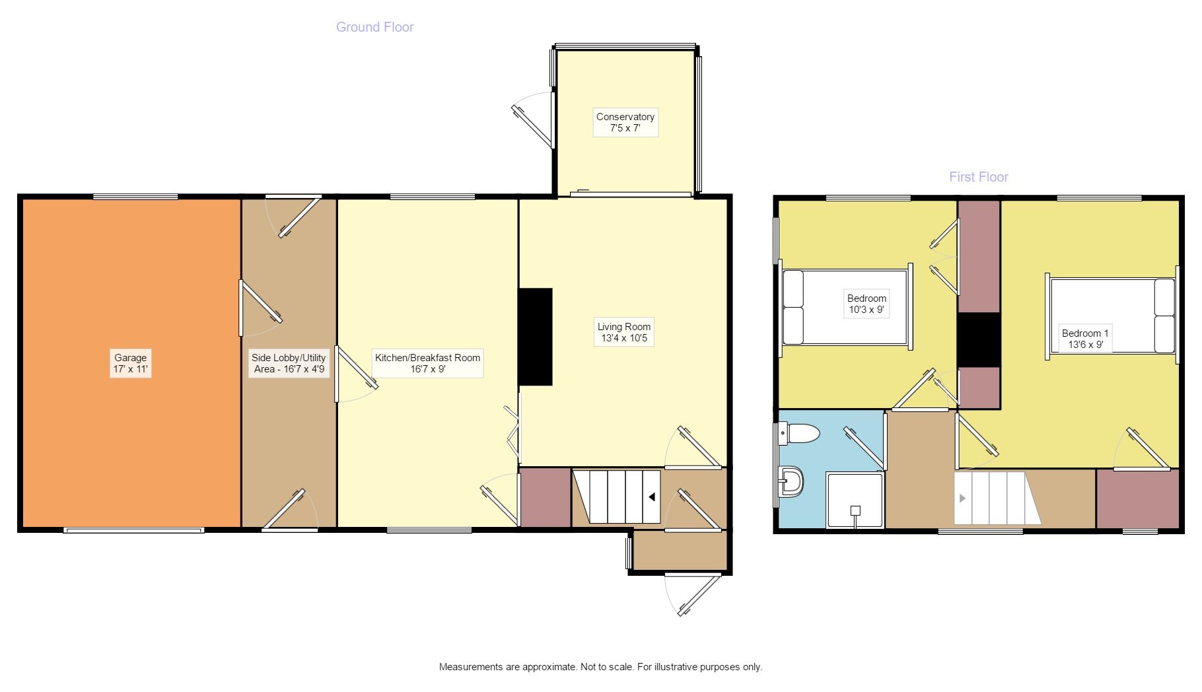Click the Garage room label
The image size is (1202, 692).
(130, 363)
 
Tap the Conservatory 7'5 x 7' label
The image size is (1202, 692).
(625, 122)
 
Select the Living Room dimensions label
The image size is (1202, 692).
(623, 332)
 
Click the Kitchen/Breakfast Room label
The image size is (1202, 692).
(427, 363)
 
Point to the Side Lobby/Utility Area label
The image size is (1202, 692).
(289, 363)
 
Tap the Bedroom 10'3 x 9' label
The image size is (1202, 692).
(866, 304)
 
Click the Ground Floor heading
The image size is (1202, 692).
(374, 27)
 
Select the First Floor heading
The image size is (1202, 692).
(978, 177)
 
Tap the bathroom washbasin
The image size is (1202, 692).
(791, 482)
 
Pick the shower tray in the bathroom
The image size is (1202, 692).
(855, 501)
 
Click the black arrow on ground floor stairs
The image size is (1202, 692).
(651, 497)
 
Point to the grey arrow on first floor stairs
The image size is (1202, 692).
(962, 498)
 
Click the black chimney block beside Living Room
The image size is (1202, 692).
(535, 337)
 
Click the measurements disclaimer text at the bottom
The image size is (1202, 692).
(600, 667)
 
